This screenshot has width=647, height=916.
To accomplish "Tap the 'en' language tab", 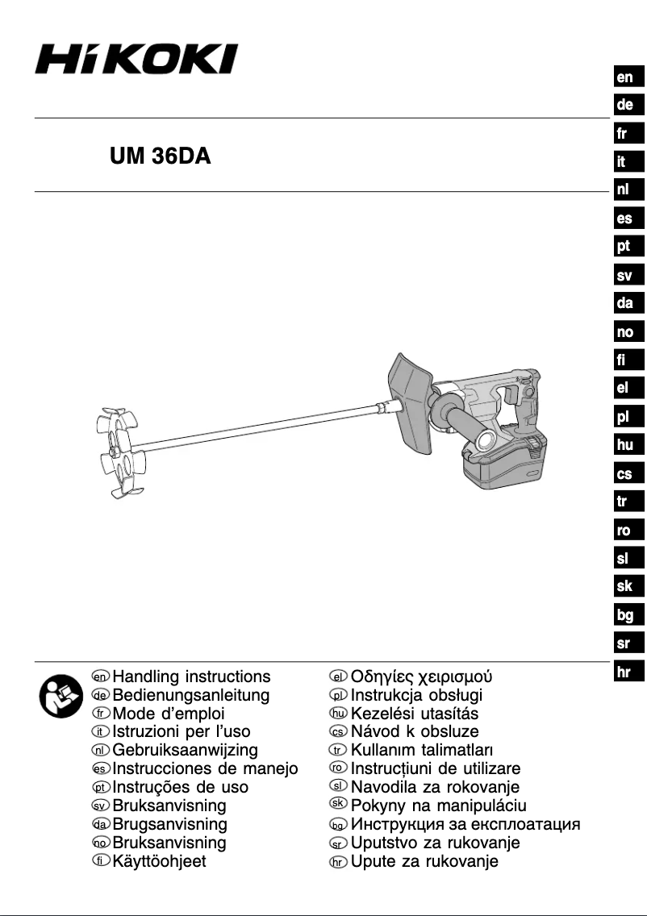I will tap(624, 77).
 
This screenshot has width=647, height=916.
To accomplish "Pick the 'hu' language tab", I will tap(624, 444).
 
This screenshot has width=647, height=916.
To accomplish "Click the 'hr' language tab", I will tap(624, 671).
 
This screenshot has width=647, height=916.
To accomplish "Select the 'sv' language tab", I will tap(624, 276).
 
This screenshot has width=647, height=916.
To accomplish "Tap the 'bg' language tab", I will tap(624, 615).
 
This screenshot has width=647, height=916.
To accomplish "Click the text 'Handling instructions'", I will tap(191, 677).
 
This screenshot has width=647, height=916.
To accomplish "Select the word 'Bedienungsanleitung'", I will tap(191, 695).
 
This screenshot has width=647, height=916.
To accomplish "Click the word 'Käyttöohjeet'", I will tap(159, 862).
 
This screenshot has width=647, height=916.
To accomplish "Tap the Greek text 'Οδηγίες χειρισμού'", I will tap(421, 677).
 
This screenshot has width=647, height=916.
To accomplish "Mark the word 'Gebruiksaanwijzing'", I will tap(186, 751).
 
